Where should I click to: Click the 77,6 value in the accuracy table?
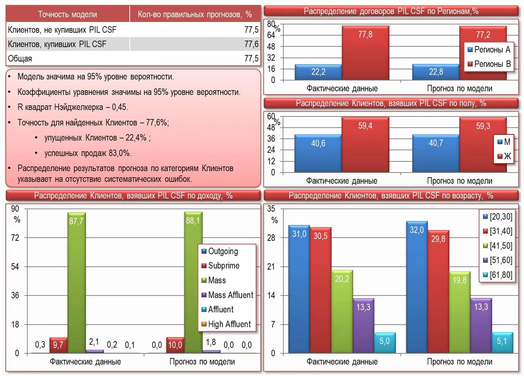251,44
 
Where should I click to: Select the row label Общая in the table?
20,59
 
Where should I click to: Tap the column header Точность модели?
67,14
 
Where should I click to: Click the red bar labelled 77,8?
365,53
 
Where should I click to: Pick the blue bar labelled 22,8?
436,72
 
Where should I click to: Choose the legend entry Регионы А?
489,49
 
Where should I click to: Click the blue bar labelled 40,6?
318,153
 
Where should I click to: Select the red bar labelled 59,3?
483,145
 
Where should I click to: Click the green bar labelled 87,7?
77,283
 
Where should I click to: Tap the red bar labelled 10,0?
175,345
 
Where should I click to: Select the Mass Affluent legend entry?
227,295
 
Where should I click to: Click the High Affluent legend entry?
226,324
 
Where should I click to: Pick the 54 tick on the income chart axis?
15,266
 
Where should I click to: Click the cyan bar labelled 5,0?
385,343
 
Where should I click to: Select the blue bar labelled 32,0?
417,287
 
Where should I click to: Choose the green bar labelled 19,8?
460,312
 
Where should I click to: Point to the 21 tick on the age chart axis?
271,266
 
